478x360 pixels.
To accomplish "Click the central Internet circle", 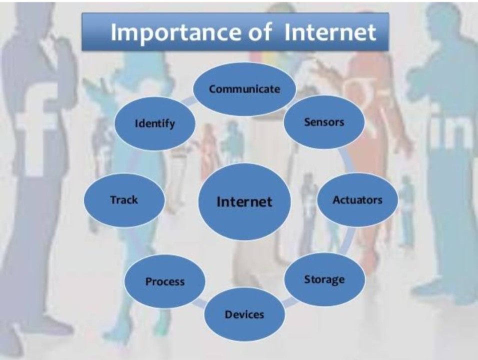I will (244, 201).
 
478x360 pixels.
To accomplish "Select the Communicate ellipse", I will (244, 89).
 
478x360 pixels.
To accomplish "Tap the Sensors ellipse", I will (324, 122).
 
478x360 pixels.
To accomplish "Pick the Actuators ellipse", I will (357, 200).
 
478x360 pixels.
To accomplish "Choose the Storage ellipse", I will (324, 279).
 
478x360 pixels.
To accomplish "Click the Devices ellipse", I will (244, 314).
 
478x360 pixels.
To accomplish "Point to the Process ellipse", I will (165, 281).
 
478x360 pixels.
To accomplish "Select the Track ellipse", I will (124, 200).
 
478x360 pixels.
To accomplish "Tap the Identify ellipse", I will (155, 123).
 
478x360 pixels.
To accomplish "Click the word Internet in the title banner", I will (330, 32).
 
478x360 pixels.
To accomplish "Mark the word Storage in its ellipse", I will (324, 279).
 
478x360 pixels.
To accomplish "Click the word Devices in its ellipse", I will (244, 314).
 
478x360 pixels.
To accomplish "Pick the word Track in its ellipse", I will (124, 200).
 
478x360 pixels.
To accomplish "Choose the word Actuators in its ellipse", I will (357, 200).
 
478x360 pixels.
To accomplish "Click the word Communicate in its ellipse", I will (244, 89).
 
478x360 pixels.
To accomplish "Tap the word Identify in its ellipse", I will (155, 123).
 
